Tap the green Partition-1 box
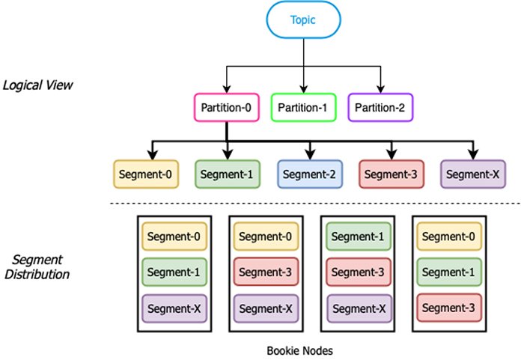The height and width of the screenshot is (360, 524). point(303,108)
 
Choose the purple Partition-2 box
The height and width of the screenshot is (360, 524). point(380,108)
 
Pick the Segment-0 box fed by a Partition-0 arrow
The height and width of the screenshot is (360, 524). point(146,174)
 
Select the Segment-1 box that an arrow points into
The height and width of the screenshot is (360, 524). point(227,174)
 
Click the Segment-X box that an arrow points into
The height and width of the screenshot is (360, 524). point(473,174)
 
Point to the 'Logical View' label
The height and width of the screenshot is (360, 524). point(37,85)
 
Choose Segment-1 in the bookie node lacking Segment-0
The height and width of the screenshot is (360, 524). point(356,237)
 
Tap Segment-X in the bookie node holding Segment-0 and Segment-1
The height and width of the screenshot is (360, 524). point(174,308)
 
